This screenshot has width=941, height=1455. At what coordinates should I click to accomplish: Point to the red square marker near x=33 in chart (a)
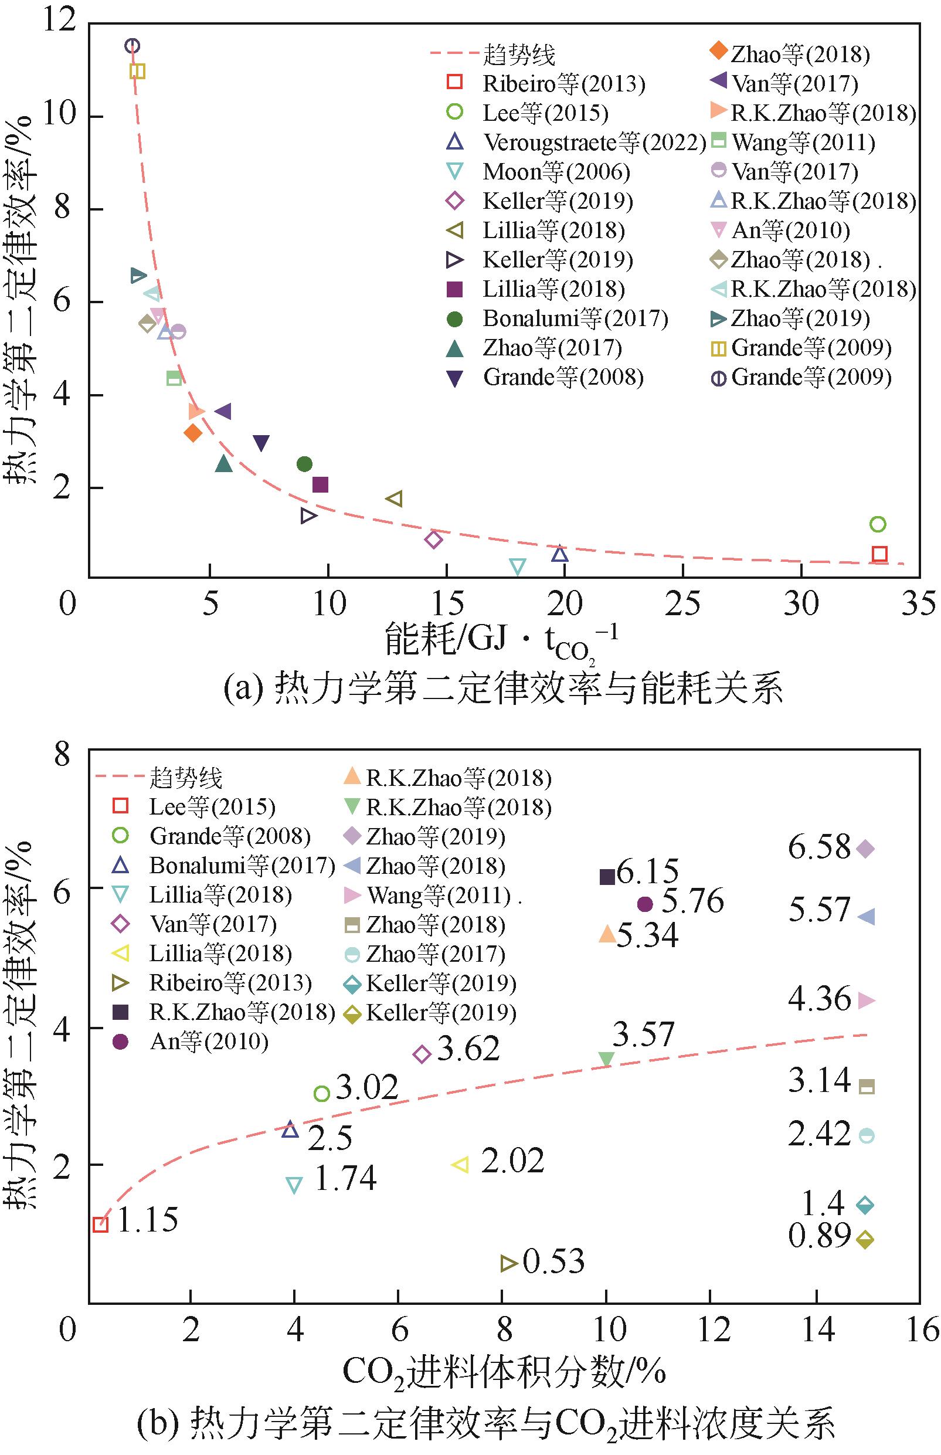tap(879, 554)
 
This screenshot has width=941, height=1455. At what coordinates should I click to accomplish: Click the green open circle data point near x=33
tap(878, 524)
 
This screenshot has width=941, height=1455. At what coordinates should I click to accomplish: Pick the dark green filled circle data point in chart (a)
tap(304, 464)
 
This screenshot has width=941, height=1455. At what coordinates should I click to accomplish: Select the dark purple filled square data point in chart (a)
tap(320, 484)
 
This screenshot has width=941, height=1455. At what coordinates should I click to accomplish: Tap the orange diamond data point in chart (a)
tap(192, 433)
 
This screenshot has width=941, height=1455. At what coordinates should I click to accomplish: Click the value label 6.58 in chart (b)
tap(819, 847)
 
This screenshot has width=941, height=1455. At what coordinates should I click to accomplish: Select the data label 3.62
tap(468, 1049)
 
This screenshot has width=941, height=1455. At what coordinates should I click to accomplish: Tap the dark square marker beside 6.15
tap(607, 877)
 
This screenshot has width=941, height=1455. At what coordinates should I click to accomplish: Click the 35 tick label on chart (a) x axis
tap(918, 603)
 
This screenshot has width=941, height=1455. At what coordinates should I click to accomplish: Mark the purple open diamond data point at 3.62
tap(422, 1053)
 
